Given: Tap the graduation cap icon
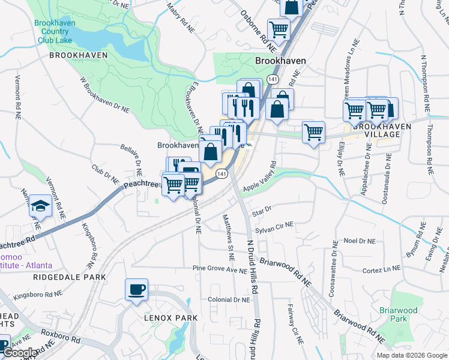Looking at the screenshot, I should pos(40,205).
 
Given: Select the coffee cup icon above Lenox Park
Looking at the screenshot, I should pos(136,290).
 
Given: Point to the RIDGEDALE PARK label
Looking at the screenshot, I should pos(70,277).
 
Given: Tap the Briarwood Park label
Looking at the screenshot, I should pos(398,314).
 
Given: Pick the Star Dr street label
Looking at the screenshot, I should pos(262,212).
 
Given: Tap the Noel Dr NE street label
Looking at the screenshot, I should pos(358,241).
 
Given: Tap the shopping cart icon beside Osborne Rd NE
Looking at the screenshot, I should pos(279,28).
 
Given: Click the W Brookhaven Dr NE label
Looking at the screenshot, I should pos(104,95).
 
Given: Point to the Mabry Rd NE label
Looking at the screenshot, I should pos(181,18).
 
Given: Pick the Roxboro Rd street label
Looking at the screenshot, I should pos(60,335).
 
